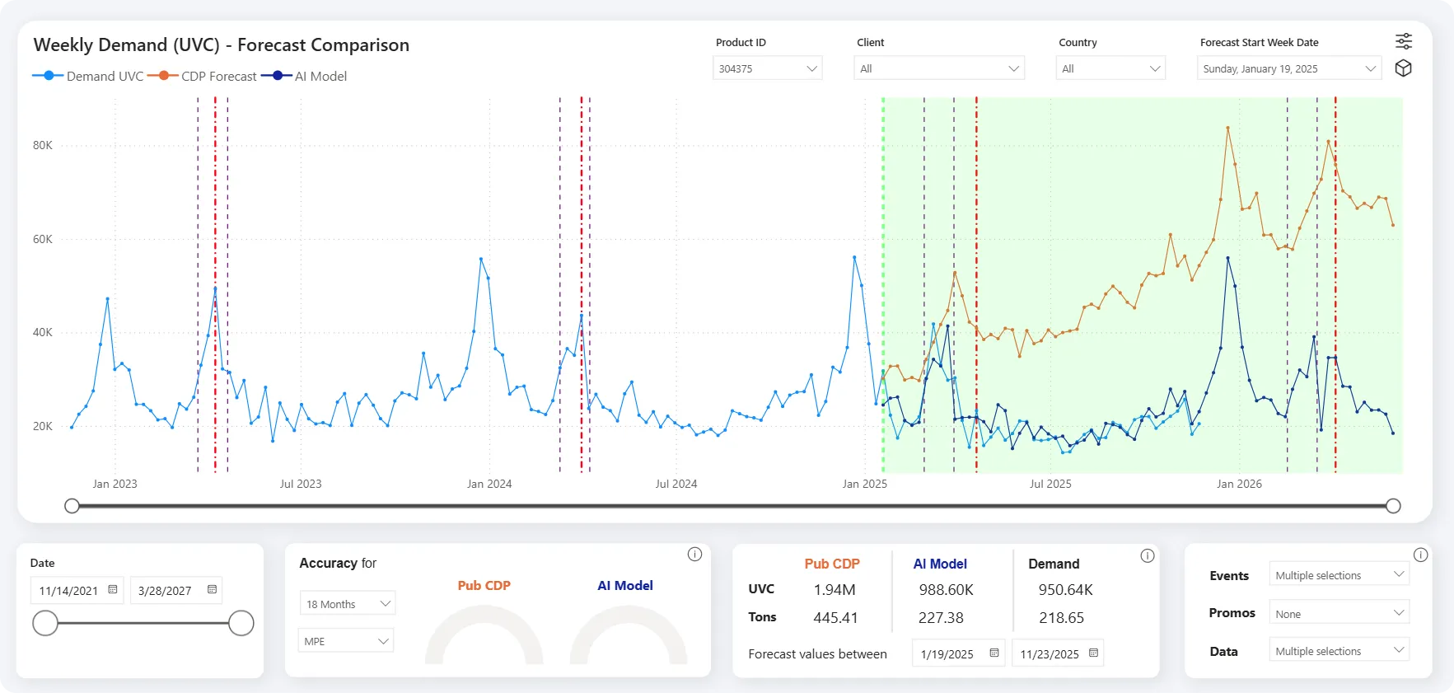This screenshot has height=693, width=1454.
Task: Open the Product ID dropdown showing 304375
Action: (x=767, y=68)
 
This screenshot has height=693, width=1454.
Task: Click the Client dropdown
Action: (x=939, y=68)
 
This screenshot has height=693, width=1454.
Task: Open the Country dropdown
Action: (x=1110, y=68)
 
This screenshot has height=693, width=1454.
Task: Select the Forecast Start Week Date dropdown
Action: (x=1289, y=68)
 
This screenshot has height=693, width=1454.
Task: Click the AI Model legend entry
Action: (x=305, y=76)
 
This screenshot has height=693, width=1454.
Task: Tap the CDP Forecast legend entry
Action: (x=203, y=76)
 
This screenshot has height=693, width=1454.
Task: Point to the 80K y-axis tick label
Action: (x=43, y=145)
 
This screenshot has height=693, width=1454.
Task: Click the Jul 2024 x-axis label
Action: (x=676, y=484)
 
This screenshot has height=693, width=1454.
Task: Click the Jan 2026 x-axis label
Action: (x=1239, y=484)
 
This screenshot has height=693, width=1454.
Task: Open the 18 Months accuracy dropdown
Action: (x=347, y=604)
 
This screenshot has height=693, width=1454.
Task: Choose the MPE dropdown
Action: (x=345, y=641)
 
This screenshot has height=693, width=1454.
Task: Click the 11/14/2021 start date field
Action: (x=77, y=590)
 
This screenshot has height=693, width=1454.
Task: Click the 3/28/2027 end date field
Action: (x=176, y=590)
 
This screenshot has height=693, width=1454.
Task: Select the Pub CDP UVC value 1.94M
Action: (x=835, y=590)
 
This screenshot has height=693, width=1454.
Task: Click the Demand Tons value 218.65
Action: (x=1061, y=617)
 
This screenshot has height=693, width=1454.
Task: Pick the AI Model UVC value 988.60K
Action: (x=946, y=590)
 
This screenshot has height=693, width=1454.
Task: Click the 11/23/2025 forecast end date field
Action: (x=1058, y=653)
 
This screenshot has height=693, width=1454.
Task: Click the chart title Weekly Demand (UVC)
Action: (x=127, y=45)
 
